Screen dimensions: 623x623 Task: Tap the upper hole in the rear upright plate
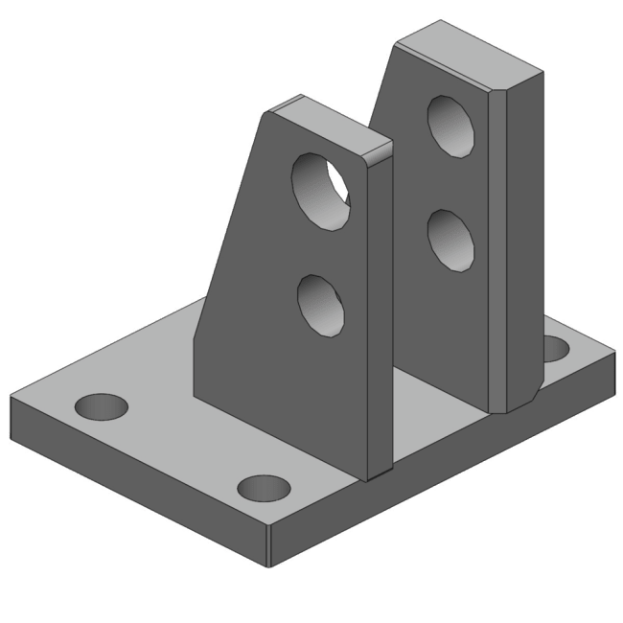pos(450,124)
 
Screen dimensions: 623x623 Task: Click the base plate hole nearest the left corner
pos(102,408)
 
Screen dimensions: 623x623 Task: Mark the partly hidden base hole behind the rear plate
pos(556,348)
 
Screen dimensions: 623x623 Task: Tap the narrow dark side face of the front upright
pos(379,316)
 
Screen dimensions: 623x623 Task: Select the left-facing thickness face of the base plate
pos(134,479)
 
